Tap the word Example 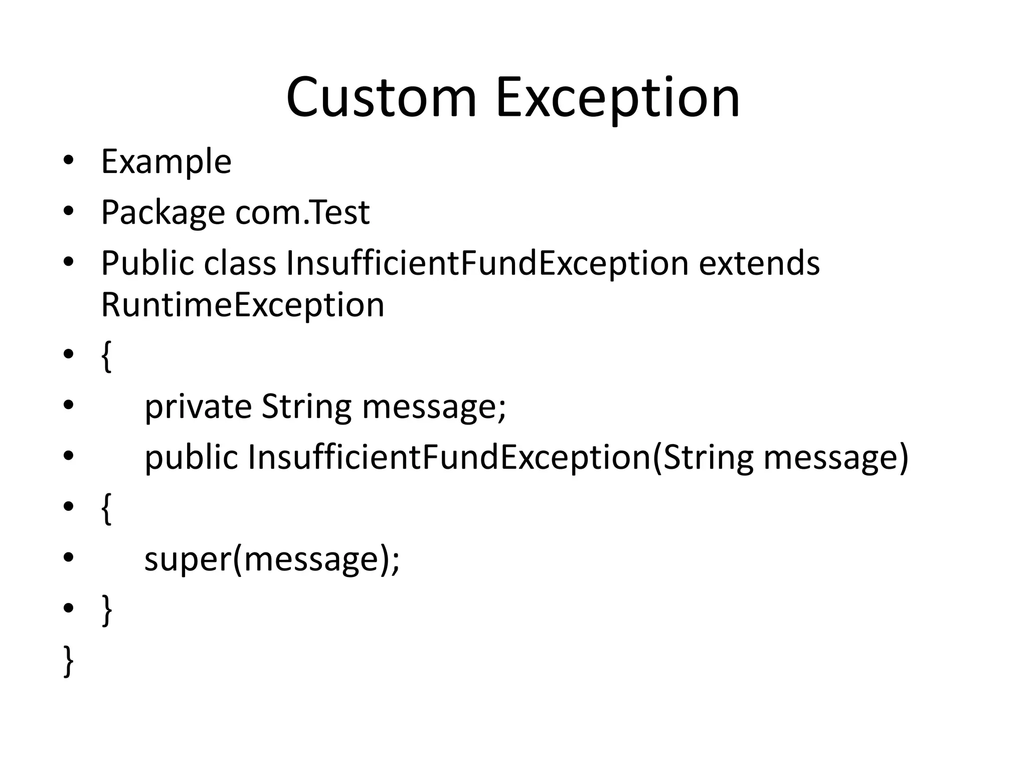[166, 162]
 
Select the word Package [163, 213]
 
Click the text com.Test [302, 212]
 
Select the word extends [759, 263]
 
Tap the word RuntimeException [243, 305]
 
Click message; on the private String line [434, 407]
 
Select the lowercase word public [191, 458]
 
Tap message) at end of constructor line [835, 458]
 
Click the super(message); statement [272, 559]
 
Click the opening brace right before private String [106, 356]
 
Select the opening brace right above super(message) [106, 508]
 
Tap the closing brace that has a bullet [106, 610]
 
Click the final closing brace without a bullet [69, 661]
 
